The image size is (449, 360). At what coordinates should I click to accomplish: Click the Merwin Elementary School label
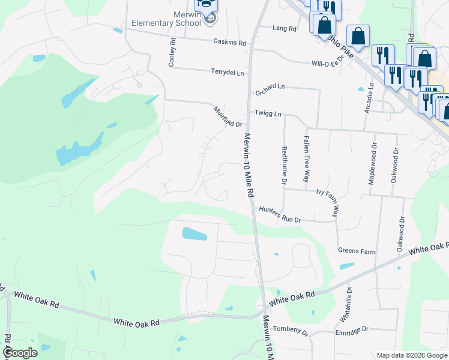click(x=166, y=19)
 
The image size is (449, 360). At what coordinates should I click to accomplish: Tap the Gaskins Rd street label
click(x=230, y=43)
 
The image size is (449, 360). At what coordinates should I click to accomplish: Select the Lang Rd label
click(x=285, y=28)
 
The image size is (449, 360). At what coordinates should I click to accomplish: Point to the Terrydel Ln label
click(x=228, y=72)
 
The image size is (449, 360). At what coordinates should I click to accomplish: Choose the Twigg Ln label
click(x=268, y=113)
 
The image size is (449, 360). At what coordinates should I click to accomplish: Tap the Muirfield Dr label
click(x=228, y=116)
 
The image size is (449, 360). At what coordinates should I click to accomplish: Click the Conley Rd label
click(x=172, y=52)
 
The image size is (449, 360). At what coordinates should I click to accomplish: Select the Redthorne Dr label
click(x=283, y=164)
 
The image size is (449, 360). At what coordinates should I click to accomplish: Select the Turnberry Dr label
click(x=290, y=331)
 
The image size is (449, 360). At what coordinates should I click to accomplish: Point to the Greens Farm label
click(x=357, y=251)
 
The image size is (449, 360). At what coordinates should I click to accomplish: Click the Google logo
click(x=20, y=353)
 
